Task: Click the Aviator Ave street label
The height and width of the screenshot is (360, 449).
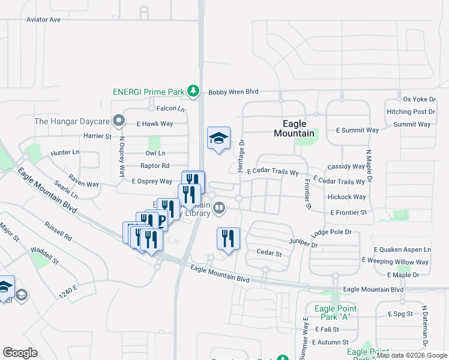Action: tap(44, 20)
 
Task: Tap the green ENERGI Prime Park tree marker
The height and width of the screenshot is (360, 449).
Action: tap(193, 91)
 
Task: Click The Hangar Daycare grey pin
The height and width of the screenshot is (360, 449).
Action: tap(119, 121)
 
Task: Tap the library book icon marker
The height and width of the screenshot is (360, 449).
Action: tap(220, 208)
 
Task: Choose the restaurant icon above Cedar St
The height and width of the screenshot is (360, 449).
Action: tap(228, 239)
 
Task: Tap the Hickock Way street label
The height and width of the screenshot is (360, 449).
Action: tap(347, 197)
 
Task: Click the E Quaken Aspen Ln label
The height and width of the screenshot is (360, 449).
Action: tap(402, 250)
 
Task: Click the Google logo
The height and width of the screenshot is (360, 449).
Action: tap(20, 353)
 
